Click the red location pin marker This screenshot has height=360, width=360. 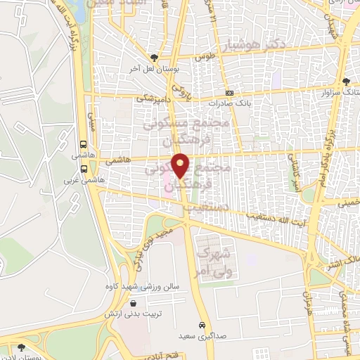pyautogui.click(x=181, y=165)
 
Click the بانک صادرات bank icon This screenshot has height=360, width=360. pyautogui.click(x=229, y=94)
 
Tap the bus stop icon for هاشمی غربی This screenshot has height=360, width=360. pyautogui.click(x=84, y=169)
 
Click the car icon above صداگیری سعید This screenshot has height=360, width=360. pyautogui.click(x=202, y=326)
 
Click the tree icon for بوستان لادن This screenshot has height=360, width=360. pyautogui.click(x=20, y=347)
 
